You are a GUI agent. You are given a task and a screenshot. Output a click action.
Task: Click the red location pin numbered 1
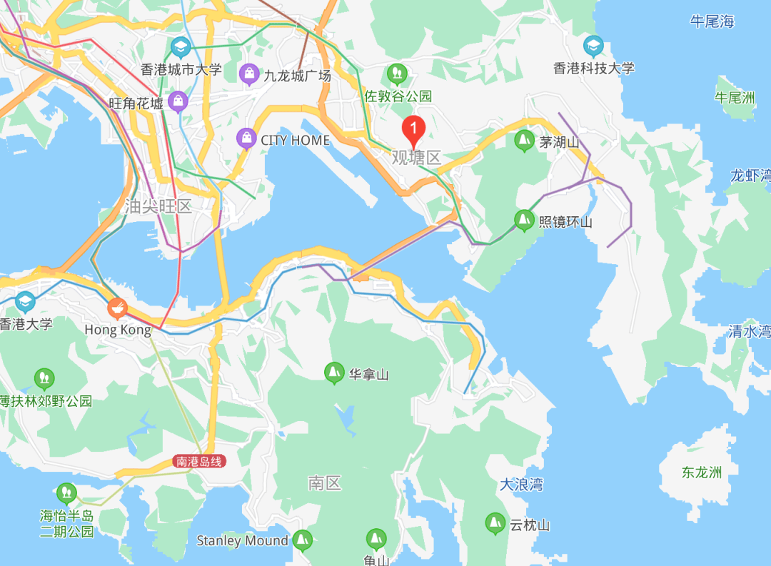[414, 129]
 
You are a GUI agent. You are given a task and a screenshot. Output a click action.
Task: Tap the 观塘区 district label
[417, 158]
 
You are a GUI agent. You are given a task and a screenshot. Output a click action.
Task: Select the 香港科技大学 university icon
[593, 46]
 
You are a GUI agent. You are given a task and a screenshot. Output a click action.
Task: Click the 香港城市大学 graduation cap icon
[181, 48]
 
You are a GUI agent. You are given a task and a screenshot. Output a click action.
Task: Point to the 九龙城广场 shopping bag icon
[249, 73]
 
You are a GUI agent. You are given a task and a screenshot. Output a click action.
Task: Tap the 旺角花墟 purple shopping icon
[178, 101]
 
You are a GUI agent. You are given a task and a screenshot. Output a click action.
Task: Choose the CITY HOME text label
[295, 140]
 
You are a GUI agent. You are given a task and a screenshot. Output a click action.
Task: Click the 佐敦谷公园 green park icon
[397, 73]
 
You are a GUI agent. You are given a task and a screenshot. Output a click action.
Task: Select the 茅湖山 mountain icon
[525, 141]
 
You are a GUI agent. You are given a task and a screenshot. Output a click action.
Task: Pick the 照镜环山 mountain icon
[525, 220]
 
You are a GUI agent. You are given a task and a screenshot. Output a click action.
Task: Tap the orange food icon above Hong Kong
[117, 308]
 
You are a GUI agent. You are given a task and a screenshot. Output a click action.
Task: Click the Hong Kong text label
[118, 330]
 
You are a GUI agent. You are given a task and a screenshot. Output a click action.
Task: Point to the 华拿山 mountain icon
[333, 373]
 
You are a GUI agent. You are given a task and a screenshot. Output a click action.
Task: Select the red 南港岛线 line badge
[199, 462]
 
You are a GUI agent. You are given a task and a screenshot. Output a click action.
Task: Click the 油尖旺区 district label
[158, 207]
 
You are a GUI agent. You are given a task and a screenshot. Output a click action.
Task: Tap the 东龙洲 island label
[701, 472]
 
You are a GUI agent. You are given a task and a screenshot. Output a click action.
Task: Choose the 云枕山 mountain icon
[494, 524]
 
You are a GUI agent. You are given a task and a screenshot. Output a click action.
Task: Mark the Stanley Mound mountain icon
[303, 540]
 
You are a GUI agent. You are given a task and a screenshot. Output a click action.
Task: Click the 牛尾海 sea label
[712, 21]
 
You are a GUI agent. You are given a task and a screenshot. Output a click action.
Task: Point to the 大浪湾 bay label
[521, 485]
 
